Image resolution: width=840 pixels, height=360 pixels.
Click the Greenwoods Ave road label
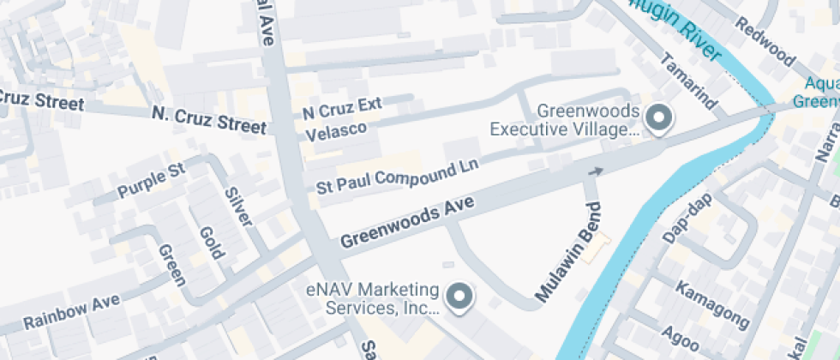pos(409,219)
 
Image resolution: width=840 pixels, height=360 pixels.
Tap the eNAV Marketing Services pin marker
pos(460,297)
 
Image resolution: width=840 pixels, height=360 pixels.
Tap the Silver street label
pos(239,206)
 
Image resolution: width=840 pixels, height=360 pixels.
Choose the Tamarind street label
pos(687,81)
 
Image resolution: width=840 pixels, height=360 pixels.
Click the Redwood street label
pos(765,51)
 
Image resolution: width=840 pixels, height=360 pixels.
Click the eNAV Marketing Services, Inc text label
pos(373,297)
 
